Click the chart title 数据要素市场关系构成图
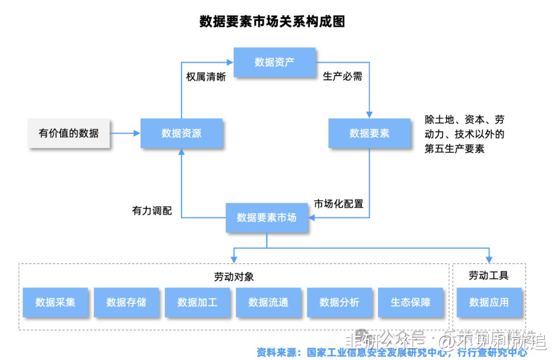[x=272, y=21]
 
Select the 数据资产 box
[x=274, y=62]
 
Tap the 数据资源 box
[x=181, y=133]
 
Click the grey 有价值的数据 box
[x=69, y=133]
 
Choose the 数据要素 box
[x=369, y=133]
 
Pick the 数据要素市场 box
[x=267, y=218]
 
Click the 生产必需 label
[x=342, y=77]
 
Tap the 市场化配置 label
[x=339, y=204]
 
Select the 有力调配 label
[x=152, y=211]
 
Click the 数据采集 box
[x=55, y=302]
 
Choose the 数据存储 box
[x=126, y=302]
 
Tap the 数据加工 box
[x=197, y=302]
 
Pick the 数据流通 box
[x=268, y=302]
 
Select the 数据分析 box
[x=339, y=302]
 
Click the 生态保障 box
[x=410, y=302]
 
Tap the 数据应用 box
[x=489, y=302]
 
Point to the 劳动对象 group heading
[x=234, y=277]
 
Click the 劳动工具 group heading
[x=489, y=276]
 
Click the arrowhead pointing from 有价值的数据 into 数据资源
[x=137, y=133]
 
